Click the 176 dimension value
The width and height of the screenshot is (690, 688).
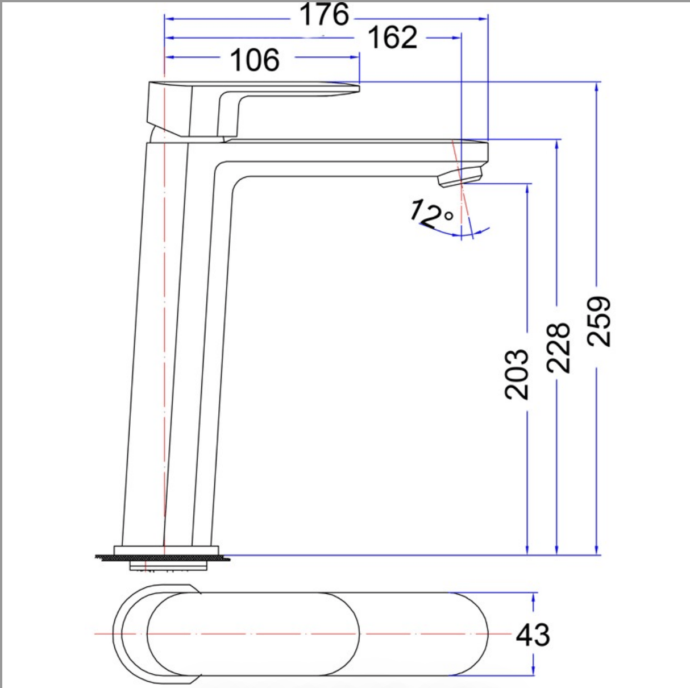[x=324, y=15]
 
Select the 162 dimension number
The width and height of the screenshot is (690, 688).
[x=392, y=38]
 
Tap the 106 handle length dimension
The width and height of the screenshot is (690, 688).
[x=255, y=60]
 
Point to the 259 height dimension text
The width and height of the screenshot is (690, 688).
[x=599, y=321]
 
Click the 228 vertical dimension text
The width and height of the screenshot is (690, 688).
[x=558, y=347]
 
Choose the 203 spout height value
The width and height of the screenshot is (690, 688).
[x=517, y=374]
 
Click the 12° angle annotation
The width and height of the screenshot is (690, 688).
[x=430, y=214]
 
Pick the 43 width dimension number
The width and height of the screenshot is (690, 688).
[x=533, y=635]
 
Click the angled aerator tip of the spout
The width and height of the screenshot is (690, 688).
[x=459, y=176]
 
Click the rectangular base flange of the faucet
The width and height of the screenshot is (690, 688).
[x=166, y=550]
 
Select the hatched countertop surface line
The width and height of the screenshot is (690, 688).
[x=162, y=558]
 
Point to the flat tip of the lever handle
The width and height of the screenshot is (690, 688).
[x=352, y=88]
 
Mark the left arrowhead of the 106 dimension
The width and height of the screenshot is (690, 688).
[x=168, y=57]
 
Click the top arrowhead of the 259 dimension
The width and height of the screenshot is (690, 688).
[x=596, y=86]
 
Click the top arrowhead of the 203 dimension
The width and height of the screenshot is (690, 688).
[x=528, y=188]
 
